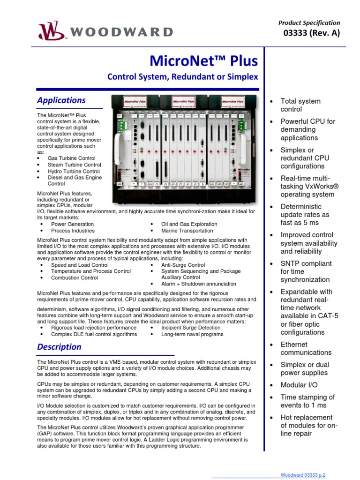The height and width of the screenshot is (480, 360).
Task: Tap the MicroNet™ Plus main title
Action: [203, 61]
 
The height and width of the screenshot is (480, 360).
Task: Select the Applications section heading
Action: [61, 100]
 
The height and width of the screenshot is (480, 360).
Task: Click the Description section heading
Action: [60, 347]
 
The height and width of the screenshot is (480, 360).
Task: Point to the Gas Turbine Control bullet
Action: [71, 158]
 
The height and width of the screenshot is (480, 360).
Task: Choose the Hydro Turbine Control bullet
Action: [74, 172]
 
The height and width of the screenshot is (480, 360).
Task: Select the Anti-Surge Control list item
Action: [183, 265]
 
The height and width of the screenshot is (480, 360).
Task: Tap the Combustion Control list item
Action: [75, 278]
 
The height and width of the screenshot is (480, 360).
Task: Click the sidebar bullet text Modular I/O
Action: [299, 385]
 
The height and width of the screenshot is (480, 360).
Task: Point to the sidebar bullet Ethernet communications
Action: [306, 348]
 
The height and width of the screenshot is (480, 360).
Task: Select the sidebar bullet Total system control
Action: [300, 105]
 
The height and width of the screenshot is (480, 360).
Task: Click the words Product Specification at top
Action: [309, 22]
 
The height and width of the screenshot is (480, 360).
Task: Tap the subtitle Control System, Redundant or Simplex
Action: [183, 76]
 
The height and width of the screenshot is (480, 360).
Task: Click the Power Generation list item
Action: [72, 224]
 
